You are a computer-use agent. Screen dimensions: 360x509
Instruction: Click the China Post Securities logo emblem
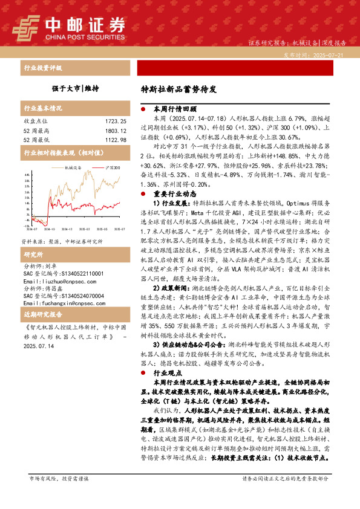(x=27, y=27)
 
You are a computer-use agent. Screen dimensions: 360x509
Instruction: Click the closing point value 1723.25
(x=115, y=122)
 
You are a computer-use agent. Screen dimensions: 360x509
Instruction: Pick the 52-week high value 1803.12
(x=115, y=131)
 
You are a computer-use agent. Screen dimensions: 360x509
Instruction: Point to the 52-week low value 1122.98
(x=115, y=140)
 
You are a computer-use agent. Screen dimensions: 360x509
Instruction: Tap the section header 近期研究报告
(x=42, y=316)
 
